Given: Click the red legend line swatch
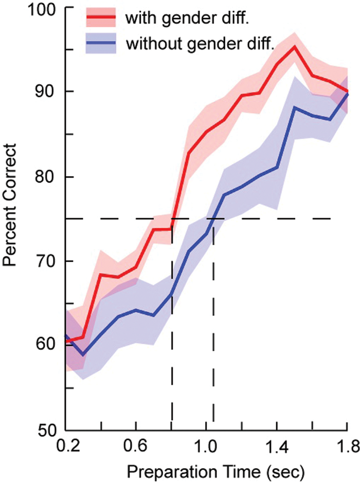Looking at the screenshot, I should coord(101,19).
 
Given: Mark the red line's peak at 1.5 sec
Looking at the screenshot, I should coord(294,46).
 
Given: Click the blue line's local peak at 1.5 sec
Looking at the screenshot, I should coord(294,107).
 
